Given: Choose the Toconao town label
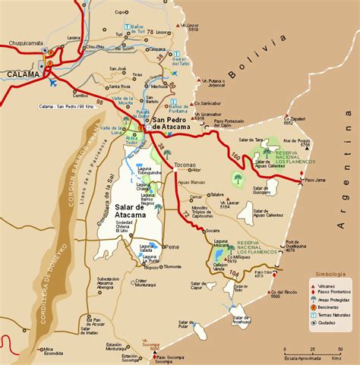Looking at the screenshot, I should point(185,165).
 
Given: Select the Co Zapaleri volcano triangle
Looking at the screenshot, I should point(286,118).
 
